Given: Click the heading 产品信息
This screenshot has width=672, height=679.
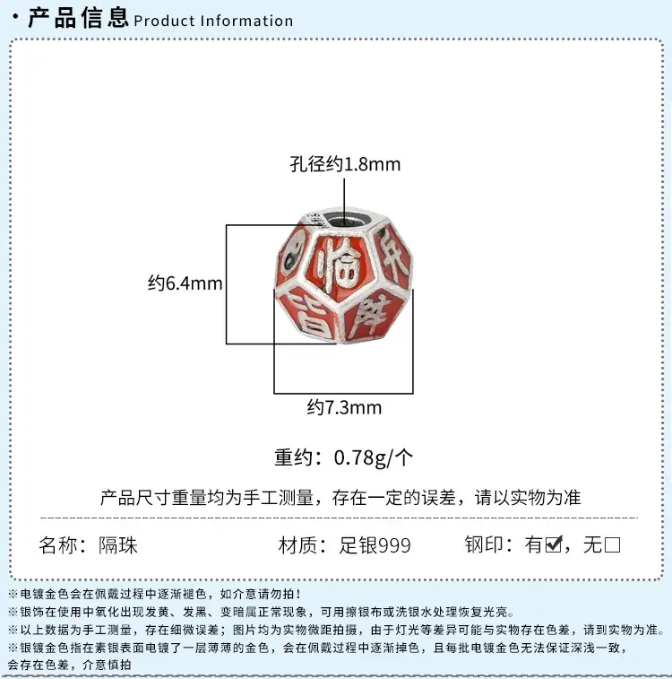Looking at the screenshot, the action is pos(78,18).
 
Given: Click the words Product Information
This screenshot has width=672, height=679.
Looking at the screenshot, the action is pos(213,21).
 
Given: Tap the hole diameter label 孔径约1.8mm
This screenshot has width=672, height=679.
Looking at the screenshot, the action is pos(345,164).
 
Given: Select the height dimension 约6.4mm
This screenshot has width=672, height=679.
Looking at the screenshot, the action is pos(185,283).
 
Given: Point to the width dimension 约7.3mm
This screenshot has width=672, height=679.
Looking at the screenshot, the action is pos(345,407).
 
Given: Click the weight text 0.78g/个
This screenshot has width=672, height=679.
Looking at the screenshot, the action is pos(374,457).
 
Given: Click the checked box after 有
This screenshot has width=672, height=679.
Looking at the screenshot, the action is pos(554,544).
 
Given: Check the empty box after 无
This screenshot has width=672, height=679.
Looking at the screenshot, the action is pos(612,544).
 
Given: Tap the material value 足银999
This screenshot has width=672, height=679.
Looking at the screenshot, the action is pos(375,544).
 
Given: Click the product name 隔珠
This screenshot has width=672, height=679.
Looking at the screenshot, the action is pos(118,544).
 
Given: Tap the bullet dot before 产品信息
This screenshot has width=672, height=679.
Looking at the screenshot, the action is pos(16,17).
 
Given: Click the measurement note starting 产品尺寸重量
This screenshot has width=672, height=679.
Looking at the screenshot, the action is pos(340,498).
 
